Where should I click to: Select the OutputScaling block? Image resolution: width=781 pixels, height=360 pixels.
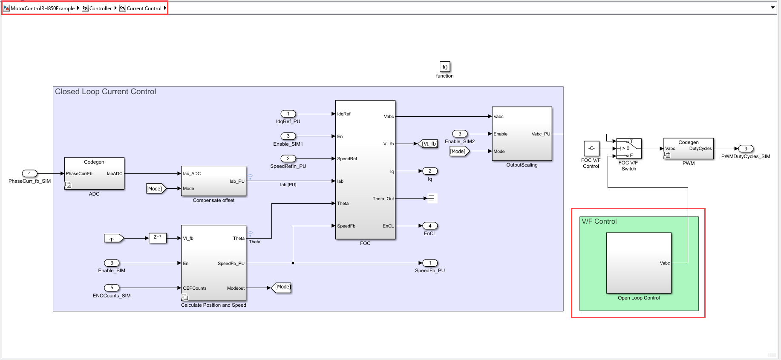tap(522, 133)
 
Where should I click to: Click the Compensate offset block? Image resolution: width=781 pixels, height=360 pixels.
tap(213, 181)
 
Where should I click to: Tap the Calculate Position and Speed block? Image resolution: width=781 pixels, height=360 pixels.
tap(213, 263)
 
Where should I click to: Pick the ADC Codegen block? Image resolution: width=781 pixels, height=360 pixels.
tap(94, 173)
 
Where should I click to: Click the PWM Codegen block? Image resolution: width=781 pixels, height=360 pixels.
tap(688, 149)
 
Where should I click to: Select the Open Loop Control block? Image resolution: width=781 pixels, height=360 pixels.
tap(638, 262)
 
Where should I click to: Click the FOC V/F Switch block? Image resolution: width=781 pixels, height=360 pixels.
tap(628, 149)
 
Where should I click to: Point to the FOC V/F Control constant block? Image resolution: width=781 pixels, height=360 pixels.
tap(591, 148)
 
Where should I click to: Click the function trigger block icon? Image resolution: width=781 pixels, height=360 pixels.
tap(444, 67)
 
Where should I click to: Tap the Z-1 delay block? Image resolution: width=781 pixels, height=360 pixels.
tap(157, 238)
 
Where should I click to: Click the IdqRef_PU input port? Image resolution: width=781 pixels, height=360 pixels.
tap(288, 114)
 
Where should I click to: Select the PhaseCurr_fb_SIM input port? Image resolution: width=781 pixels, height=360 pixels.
tap(29, 173)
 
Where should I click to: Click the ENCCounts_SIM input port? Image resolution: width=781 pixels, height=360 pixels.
tap(112, 288)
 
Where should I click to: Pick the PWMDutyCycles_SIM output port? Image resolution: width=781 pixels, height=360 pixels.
tap(745, 149)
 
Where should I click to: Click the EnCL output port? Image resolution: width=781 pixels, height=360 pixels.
tap(430, 226)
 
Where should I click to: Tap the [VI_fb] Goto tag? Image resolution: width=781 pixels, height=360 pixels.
tap(428, 144)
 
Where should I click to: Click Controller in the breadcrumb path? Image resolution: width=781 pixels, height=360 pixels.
tap(100, 8)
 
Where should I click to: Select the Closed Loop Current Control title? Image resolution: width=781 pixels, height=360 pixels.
tap(105, 92)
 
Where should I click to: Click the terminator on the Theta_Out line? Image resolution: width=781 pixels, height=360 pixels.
tap(431, 198)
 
